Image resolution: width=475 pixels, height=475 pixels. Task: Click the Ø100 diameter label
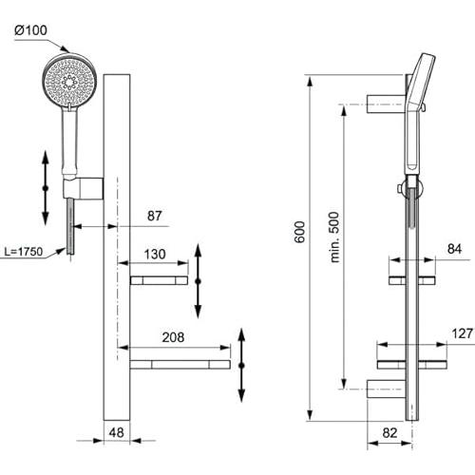coord(30,30)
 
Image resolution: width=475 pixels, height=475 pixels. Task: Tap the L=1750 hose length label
coord(24,252)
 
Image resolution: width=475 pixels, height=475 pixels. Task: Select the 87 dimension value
coord(155,216)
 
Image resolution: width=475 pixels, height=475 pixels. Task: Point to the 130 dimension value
coord(155,254)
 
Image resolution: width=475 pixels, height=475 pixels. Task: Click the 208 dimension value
coord(173,337)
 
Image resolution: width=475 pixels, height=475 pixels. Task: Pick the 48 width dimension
coord(116,432)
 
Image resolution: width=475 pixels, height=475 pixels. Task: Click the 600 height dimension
coord(299,232)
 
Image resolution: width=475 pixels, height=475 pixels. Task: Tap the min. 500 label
coord(334,237)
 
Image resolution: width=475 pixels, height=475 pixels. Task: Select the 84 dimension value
coord(454,249)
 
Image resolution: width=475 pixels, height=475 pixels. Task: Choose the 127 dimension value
coord(463,333)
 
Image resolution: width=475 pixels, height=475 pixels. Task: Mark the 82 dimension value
coord(389,432)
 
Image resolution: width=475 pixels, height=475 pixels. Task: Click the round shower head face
coord(69,82)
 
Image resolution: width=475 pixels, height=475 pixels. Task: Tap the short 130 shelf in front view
coord(159,280)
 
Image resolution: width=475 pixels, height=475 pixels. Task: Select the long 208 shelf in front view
coord(180,365)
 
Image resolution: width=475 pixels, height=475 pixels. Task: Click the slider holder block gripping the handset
coord(84,189)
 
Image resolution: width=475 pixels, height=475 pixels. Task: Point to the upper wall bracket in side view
coord(386,104)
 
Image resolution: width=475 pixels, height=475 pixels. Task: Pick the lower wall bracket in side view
coord(387,389)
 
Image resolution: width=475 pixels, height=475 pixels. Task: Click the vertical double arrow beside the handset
coord(46,188)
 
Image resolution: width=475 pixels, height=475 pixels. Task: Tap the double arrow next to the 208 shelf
coord(241,365)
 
